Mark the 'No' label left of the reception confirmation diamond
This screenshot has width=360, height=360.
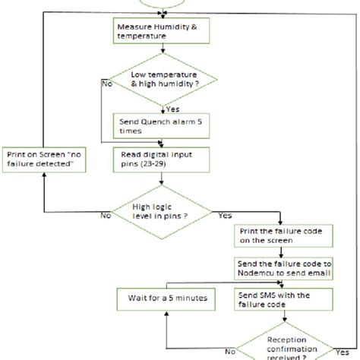coord(228,352)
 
